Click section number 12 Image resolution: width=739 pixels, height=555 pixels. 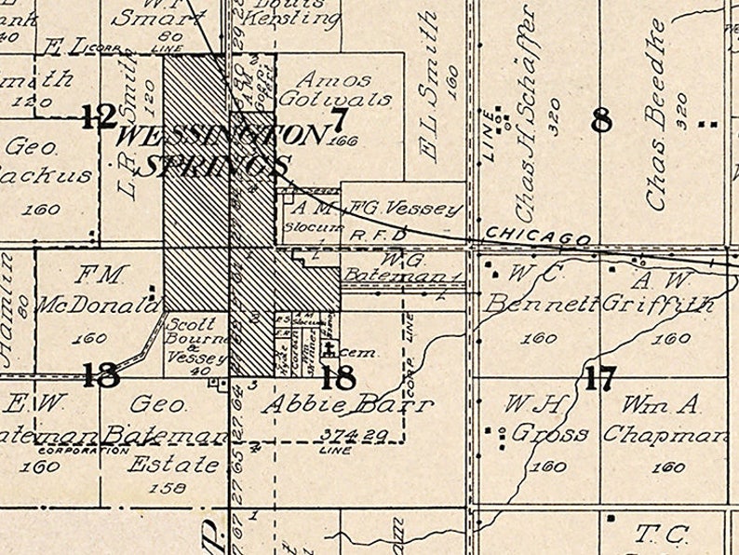coord(98,117)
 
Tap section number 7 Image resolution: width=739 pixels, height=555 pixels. coord(340,118)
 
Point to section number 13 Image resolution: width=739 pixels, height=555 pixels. coord(100,375)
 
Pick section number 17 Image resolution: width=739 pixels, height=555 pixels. coord(600,378)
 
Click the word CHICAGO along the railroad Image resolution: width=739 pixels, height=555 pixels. coord(537,236)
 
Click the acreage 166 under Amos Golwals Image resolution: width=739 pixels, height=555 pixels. coord(343,141)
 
